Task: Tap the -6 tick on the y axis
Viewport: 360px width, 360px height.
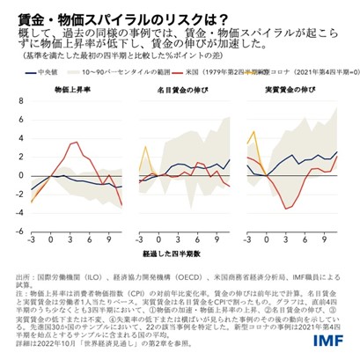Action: [x=11, y=230]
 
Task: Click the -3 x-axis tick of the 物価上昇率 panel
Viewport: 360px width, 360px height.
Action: [x=31, y=239]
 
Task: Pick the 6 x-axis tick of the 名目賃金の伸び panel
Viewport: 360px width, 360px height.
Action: [x=198, y=239]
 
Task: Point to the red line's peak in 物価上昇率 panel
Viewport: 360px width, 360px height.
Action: [x=84, y=141]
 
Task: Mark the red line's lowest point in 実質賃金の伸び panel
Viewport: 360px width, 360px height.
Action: [x=284, y=209]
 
